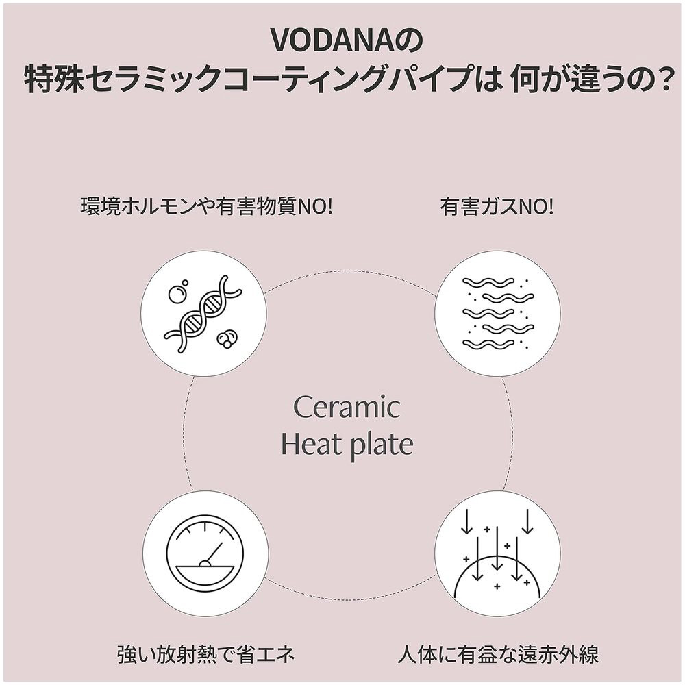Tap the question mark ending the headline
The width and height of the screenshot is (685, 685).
tap(662, 79)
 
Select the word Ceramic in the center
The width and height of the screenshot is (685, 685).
tap(347, 407)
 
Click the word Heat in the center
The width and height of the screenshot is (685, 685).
tap(311, 445)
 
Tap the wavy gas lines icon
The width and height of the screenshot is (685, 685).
tap(497, 314)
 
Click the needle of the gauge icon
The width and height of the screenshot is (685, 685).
tap(213, 553)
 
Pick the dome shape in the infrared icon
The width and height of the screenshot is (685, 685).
tap(497, 576)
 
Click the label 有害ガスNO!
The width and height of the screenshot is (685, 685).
tap(497, 207)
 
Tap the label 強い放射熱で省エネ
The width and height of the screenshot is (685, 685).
tap(206, 654)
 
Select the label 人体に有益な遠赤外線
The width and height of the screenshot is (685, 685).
tap(498, 654)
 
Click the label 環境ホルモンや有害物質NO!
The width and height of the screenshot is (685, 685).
tap(206, 207)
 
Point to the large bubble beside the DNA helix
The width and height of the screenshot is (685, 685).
tap(177, 294)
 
